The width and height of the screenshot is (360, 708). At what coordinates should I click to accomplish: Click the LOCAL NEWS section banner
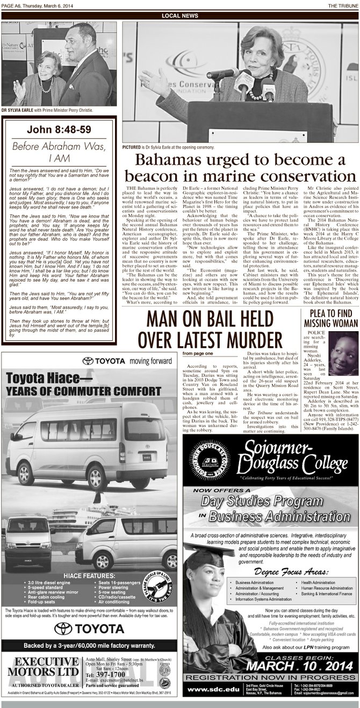(x=179, y=16)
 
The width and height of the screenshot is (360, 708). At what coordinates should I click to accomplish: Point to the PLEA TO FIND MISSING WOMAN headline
(x=330, y=318)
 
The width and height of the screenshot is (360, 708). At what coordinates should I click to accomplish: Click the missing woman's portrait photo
(x=343, y=351)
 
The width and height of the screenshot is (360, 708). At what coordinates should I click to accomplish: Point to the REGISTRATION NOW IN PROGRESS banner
(x=270, y=677)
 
